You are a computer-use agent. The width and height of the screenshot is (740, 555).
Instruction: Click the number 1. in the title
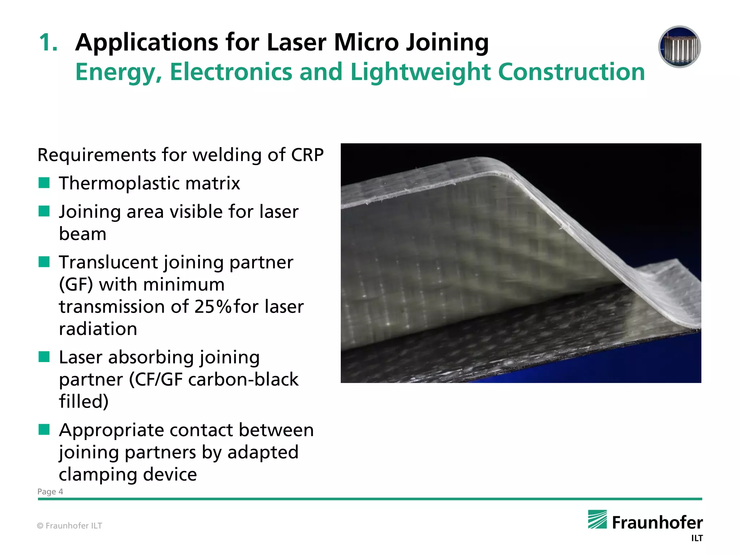click(x=48, y=43)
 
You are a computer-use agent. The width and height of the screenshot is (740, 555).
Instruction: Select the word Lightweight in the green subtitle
click(x=420, y=72)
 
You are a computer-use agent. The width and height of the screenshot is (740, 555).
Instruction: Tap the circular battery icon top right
click(x=679, y=47)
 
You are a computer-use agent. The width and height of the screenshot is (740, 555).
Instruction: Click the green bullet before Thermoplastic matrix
click(x=44, y=183)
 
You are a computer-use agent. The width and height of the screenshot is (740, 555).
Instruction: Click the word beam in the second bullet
click(x=82, y=234)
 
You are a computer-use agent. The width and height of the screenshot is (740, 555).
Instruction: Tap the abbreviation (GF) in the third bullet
click(x=76, y=285)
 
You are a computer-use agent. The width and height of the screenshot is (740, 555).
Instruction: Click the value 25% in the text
click(x=212, y=307)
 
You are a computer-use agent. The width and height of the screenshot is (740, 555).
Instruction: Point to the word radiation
click(x=98, y=329)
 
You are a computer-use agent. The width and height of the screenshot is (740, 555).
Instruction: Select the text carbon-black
click(x=243, y=380)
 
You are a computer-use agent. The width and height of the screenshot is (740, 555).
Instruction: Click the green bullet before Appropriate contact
click(x=44, y=430)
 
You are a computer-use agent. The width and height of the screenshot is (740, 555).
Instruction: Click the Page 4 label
click(x=50, y=492)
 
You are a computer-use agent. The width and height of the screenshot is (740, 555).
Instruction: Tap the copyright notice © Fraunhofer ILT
click(x=69, y=526)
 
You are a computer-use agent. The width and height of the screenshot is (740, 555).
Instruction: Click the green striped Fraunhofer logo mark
click(x=597, y=519)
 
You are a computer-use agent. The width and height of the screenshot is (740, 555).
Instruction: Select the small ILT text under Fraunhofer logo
click(x=697, y=538)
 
